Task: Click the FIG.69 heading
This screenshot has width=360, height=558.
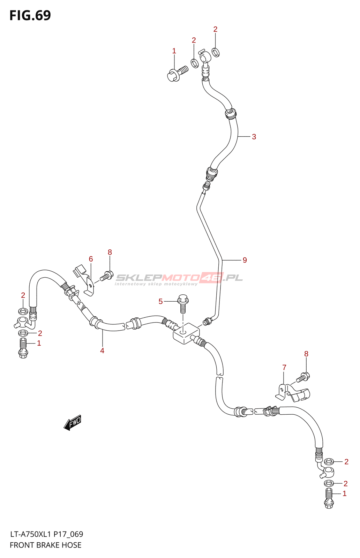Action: pos(30,15)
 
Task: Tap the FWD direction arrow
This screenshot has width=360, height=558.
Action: pos(73,423)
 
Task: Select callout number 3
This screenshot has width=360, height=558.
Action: pos(254,137)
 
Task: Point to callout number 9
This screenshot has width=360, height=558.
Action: pos(245,260)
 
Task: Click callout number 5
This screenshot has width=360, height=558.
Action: pos(160,301)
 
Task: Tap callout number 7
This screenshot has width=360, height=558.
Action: pos(284,367)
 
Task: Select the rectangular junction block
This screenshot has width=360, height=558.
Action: pos(186,333)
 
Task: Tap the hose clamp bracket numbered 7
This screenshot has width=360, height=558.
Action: pos(293,393)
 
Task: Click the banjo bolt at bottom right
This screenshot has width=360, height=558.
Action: pos(329,498)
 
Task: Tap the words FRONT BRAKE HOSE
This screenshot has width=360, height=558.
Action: pos(45,545)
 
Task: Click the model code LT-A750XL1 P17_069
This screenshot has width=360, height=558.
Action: pos(46,534)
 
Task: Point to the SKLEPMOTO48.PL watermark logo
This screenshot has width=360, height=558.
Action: pos(179,278)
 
